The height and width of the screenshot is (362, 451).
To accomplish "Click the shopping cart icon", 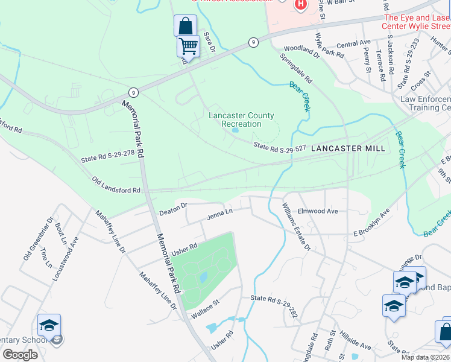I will coord(188,46).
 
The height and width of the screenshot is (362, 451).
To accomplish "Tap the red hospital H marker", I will coord(301,5).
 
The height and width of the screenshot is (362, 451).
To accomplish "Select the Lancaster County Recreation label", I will coord(241,119).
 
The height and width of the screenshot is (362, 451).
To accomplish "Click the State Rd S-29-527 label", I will coord(280,146).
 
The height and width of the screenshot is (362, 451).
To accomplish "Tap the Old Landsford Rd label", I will coord(116,185).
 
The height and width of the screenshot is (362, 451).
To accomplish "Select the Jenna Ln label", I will coord(220,213).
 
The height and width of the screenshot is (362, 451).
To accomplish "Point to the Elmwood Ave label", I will coord(318,211).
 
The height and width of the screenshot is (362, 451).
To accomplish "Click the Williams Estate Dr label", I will coord(296,226).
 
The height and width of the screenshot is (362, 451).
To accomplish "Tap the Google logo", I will coord(20,355).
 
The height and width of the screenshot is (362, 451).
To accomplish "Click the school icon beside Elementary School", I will coord(49,326).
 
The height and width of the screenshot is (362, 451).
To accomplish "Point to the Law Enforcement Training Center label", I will coord(426,103).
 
